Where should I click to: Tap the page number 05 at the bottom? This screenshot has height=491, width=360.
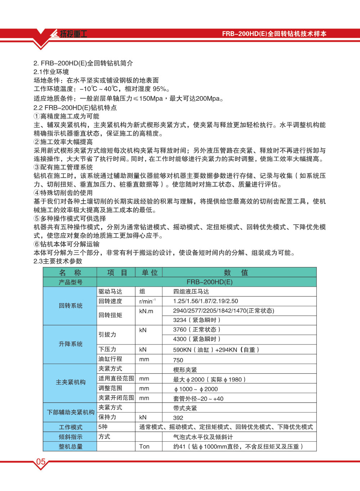41,462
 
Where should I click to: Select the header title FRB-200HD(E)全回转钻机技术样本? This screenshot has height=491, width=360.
274,34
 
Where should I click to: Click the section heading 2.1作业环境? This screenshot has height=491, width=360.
51,72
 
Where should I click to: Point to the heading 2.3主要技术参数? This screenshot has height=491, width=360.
58,261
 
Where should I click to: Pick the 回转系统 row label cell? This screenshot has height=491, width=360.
71,306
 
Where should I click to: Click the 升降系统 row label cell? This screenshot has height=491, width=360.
71,344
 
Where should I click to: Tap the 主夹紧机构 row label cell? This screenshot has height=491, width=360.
71,382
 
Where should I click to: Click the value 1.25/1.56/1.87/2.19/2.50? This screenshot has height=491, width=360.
206,301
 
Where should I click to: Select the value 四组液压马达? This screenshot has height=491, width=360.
191,292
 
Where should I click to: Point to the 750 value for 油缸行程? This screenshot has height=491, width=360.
178,360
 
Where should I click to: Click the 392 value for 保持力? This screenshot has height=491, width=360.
178,418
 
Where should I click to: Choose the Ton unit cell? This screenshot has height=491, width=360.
144,446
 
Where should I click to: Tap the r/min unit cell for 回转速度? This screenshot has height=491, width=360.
147,301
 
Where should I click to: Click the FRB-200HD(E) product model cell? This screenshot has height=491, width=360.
210,282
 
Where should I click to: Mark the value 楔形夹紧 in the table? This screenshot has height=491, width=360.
185,370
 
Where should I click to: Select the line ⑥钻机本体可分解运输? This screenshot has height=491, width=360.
67,244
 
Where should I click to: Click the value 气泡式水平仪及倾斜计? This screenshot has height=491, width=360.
203,437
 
